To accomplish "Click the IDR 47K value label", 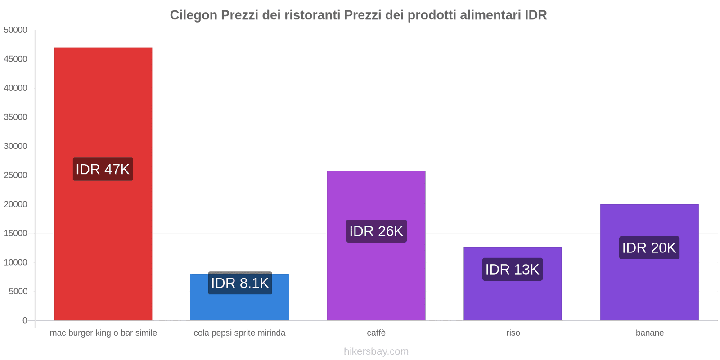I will pos(103,169).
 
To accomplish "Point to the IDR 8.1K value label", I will pos(240,283).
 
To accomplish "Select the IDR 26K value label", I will pos(376,231).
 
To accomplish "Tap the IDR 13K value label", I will pos(512,270).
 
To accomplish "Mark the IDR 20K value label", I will pos(649,248).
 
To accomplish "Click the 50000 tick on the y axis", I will pos(16,30).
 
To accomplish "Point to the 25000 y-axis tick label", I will pos(16,175).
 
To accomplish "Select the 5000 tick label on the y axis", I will pos(18,292).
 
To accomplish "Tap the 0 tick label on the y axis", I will pos(25,320).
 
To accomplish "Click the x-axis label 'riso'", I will pos(513,333).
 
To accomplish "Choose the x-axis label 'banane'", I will pos(649,333).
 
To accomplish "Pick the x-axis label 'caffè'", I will pos(376,333).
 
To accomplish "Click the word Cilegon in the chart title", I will pos(193,15).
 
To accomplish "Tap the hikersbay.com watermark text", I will pos(376,351).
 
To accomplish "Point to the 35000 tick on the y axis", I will pos(16,117).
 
